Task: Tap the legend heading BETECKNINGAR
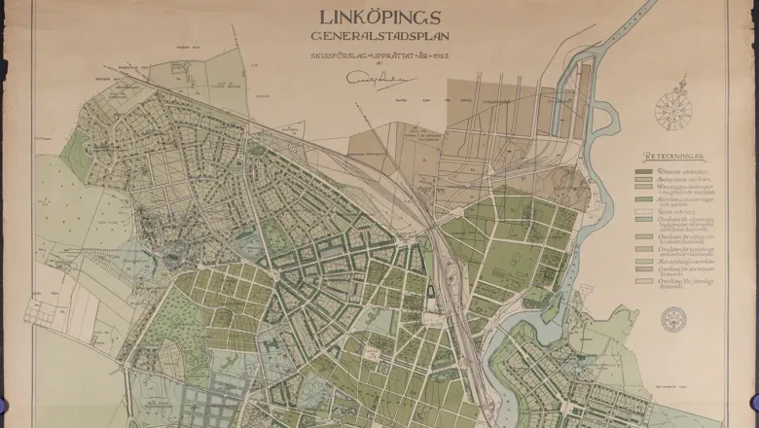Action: tap(674, 157)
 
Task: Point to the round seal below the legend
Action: tap(672, 318)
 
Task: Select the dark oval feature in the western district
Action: tap(175, 260)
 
